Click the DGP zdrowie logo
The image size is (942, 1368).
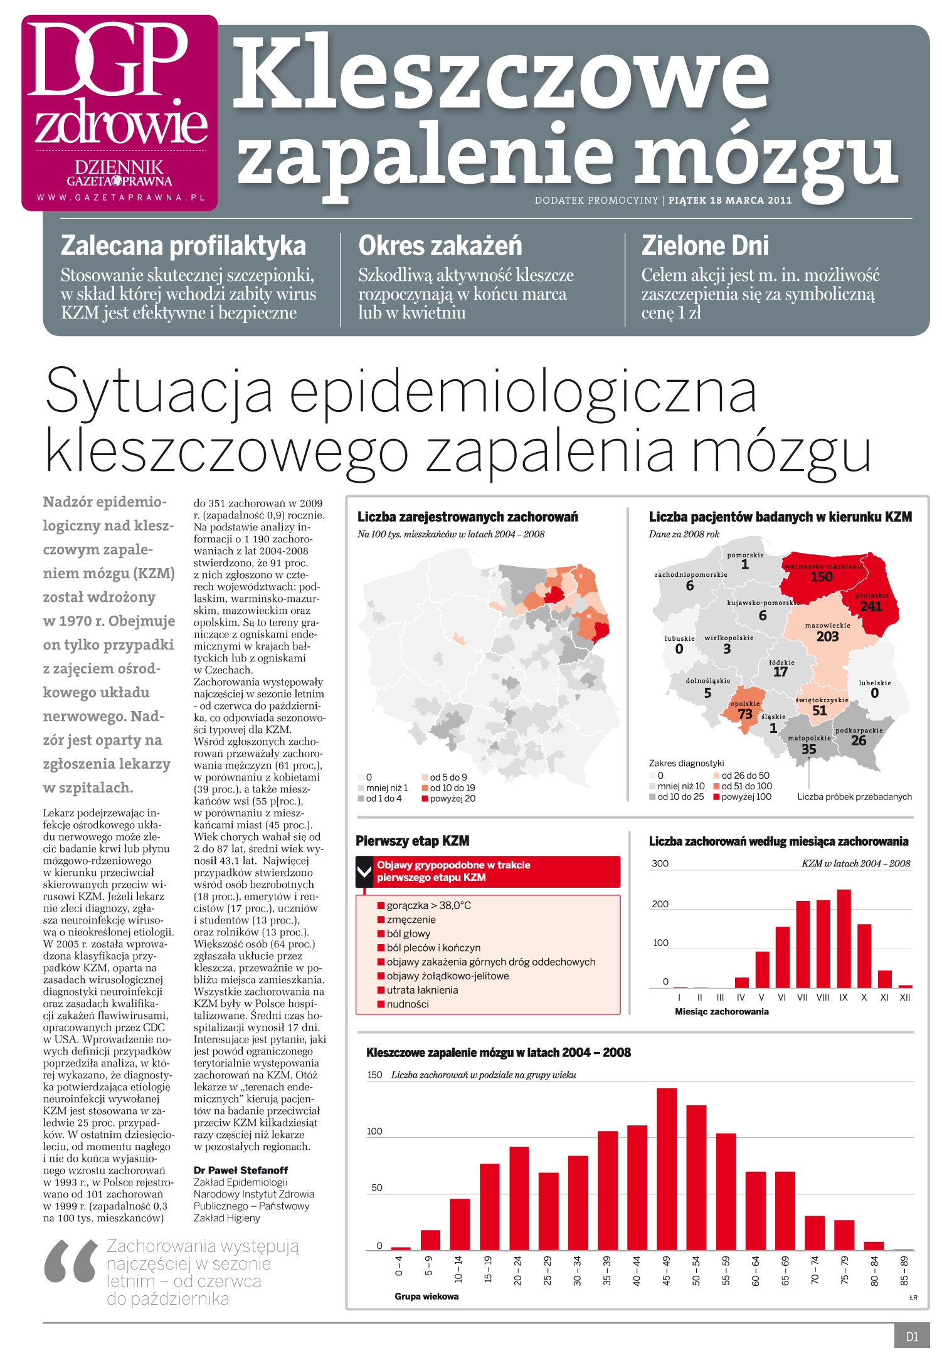[x=119, y=113]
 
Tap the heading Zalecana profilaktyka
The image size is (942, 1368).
[x=183, y=246]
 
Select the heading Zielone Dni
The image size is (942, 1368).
[x=705, y=246]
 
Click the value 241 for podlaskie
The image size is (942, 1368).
[x=871, y=606]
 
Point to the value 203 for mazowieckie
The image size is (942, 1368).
[x=827, y=636]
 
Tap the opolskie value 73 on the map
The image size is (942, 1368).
[x=745, y=714]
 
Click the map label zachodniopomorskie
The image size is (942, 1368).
[x=691, y=574]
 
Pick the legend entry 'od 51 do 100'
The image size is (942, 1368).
[x=743, y=786]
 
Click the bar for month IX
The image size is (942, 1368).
[x=844, y=939]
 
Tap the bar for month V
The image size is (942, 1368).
[x=762, y=969]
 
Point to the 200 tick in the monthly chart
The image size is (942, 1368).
[x=660, y=904]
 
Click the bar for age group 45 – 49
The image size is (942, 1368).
[x=666, y=1169]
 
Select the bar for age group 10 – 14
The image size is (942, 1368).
[x=459, y=1224]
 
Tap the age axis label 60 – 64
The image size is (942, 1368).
[x=756, y=1270]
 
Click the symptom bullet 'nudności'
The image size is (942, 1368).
[x=407, y=1004]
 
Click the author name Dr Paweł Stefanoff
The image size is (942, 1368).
[x=241, y=1170]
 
